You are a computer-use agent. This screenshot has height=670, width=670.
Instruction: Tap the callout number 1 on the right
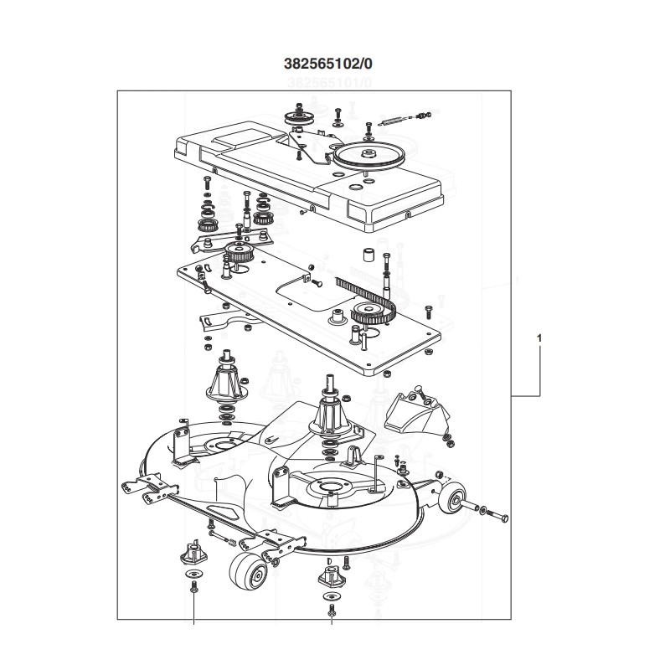pyautogui.click(x=539, y=340)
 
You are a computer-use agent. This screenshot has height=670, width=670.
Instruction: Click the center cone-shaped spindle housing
pyautogui.click(x=330, y=410)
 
